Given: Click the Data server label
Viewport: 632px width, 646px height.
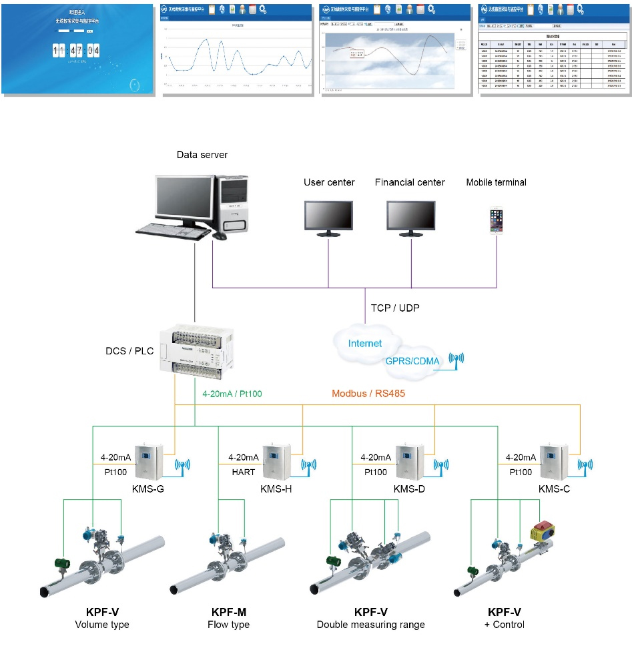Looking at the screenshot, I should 202,155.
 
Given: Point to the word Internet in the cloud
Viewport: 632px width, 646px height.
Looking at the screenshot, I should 365,343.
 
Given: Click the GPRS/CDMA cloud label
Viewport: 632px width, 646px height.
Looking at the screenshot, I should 412,362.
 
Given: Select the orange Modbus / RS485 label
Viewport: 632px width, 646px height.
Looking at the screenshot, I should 368,394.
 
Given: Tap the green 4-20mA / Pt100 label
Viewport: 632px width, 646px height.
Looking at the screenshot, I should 232,394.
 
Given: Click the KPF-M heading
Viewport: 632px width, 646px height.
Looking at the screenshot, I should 228,612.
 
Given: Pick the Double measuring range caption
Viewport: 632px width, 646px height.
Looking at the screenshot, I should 370,625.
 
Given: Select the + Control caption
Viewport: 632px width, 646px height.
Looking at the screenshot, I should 505,625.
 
